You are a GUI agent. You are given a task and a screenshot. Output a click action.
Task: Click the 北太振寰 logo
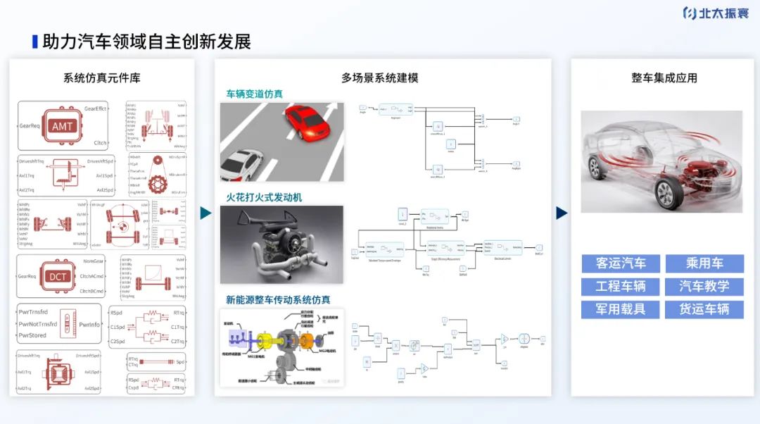715,13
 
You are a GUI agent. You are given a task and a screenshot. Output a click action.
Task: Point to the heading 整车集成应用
664,77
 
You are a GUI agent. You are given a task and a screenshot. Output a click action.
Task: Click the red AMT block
62,127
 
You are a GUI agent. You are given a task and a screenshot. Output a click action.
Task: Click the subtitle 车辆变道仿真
254,94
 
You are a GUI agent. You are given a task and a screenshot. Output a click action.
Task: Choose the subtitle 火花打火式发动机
264,197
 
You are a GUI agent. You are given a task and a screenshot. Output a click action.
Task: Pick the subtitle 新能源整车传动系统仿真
277,300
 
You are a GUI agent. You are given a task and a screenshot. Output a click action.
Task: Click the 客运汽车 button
621,263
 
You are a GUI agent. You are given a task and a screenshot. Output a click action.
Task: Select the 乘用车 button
704,263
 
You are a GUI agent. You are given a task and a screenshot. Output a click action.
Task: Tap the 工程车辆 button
621,286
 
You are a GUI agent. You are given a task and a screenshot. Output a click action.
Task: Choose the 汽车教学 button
704,286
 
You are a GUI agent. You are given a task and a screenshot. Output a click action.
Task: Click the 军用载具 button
621,308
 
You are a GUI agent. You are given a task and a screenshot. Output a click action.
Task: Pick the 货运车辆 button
704,308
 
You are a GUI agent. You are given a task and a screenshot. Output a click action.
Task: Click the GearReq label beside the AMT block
30,126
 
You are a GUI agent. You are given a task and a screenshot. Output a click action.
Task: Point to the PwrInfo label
89,324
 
